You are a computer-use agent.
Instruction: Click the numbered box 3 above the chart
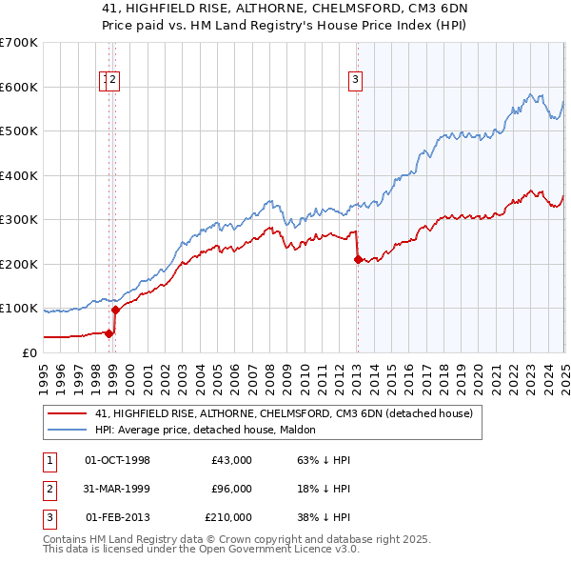coord(354,81)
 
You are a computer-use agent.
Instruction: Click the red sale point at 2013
coord(358,259)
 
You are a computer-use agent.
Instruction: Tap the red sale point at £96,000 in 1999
coord(115,310)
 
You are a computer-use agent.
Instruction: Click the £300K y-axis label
coord(20,220)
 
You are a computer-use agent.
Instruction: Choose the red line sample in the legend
coord(68,413)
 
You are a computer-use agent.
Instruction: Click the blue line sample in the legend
coord(68,430)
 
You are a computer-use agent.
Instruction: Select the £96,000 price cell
coord(231,489)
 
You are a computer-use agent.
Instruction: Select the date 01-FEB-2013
coord(117,517)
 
